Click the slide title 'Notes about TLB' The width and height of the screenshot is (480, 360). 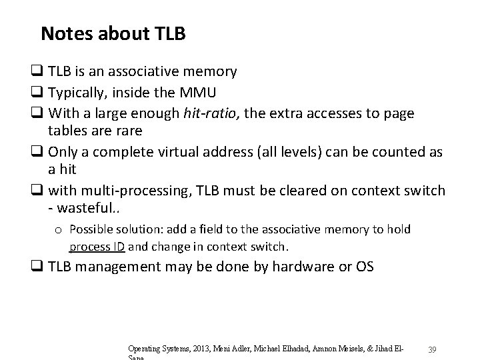(113, 33)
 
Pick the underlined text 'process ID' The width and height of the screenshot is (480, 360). (97, 246)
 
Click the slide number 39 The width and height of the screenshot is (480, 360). (432, 351)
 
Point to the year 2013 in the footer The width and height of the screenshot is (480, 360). (200, 349)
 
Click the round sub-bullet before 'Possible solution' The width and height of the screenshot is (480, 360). (60, 230)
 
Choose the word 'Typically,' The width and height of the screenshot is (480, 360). (73, 93)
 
